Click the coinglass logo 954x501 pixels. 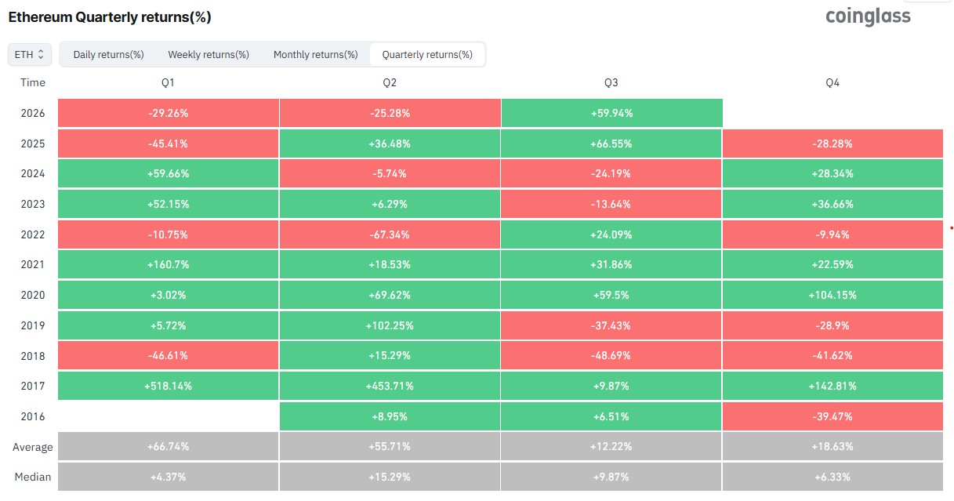pos(868,16)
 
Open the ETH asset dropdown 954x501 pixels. pos(29,55)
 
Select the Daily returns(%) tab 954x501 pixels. pos(109,55)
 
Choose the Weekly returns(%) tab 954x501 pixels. pos(209,55)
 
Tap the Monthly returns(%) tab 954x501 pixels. pos(316,55)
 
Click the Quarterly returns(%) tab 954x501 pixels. pos(427,55)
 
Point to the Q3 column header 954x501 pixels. pos(611,82)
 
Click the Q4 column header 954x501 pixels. pos(832,82)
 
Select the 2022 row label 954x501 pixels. pos(33,234)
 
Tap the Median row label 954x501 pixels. pos(33,477)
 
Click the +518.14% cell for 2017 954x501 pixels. pos(169,386)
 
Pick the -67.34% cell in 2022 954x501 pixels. pos(390,234)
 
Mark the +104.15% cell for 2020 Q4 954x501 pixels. pos(832,295)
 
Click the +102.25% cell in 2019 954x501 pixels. pos(390,325)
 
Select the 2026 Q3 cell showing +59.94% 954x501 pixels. pos(611,113)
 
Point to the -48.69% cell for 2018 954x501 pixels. pos(611,355)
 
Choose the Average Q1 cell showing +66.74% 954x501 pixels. pos(169,446)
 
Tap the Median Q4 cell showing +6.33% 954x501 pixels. pos(832,477)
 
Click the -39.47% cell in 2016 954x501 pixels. pos(832,416)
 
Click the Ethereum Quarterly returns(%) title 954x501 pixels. pos(110,17)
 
